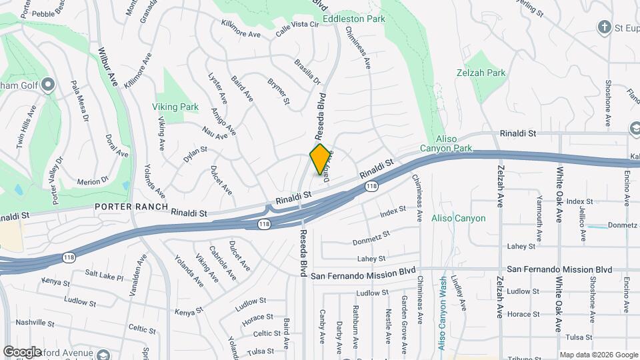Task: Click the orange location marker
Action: (321, 159)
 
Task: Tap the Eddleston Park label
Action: (354, 19)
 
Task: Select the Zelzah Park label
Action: (481, 73)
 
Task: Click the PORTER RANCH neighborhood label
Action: (131, 207)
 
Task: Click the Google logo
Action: (23, 351)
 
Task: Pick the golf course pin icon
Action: (47, 85)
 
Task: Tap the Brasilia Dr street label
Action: (307, 72)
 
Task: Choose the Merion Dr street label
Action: (93, 181)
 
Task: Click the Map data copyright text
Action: (598, 355)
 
